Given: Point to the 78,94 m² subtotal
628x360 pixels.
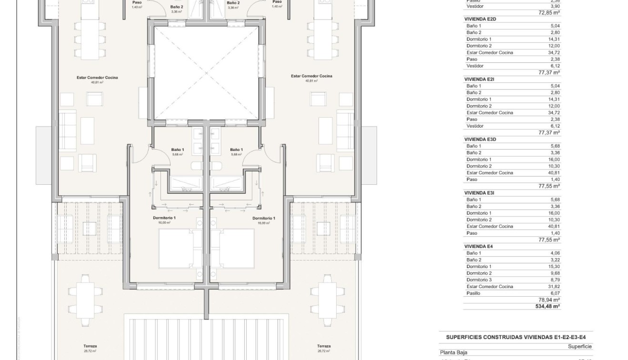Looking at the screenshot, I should tap(549, 300).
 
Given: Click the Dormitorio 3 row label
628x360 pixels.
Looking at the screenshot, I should tap(479, 280).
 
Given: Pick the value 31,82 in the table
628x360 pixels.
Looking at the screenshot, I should tap(554, 287).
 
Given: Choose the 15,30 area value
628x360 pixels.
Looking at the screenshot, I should tap(554, 267).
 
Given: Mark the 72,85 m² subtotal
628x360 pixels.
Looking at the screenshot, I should tap(549, 13).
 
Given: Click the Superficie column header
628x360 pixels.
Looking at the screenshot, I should tap(579, 347).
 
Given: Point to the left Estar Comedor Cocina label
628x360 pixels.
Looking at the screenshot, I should tap(97, 77).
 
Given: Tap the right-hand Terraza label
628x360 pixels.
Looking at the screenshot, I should tap(324, 346).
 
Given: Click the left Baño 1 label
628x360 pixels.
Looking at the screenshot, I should tap(178, 150).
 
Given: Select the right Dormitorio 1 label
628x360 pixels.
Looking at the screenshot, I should tap(264, 218).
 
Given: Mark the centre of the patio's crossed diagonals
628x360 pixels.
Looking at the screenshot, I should tap(206, 72).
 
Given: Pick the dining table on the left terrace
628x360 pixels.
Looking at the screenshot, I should tap(86, 291).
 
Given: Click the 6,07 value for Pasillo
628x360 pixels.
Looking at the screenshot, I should tap(554, 293).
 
